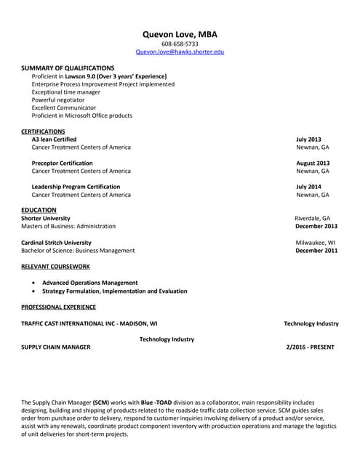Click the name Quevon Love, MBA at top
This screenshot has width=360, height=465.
click(180, 34)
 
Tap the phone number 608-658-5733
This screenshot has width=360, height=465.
click(180, 44)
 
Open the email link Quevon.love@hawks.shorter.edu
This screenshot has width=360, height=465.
click(180, 52)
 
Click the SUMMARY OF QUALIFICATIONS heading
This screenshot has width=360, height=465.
click(68, 68)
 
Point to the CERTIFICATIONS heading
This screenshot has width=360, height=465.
click(43, 132)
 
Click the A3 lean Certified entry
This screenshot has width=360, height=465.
click(55, 139)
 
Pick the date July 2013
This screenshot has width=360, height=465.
click(308, 139)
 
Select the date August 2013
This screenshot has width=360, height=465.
click(313, 163)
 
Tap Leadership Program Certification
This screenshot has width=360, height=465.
click(76, 187)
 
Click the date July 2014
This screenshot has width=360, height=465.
click(308, 187)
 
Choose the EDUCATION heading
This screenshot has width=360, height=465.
click(39, 210)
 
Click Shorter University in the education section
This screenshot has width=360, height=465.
click(46, 218)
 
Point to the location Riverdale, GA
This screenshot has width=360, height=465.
click(312, 218)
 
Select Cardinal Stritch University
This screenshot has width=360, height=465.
click(57, 243)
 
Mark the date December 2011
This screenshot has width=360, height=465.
click(316, 251)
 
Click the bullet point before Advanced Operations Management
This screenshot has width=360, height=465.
click(35, 283)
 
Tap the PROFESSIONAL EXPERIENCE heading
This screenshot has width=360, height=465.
click(58, 307)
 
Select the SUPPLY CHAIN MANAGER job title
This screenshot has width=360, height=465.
click(56, 347)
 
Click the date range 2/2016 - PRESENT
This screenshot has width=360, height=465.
click(311, 347)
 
